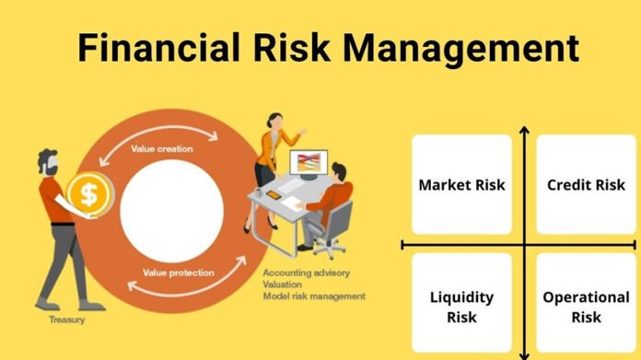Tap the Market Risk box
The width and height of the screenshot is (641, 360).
click(x=461, y=184)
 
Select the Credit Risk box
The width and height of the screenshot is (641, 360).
click(x=586, y=184)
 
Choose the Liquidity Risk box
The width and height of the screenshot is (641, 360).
click(x=461, y=307)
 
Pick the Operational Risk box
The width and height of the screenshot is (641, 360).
click(x=586, y=307)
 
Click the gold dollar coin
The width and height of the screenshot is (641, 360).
click(x=89, y=193)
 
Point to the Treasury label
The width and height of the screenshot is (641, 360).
click(x=66, y=320)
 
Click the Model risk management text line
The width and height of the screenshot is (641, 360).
click(x=313, y=296)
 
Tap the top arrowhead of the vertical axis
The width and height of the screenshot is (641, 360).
click(x=524, y=131)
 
